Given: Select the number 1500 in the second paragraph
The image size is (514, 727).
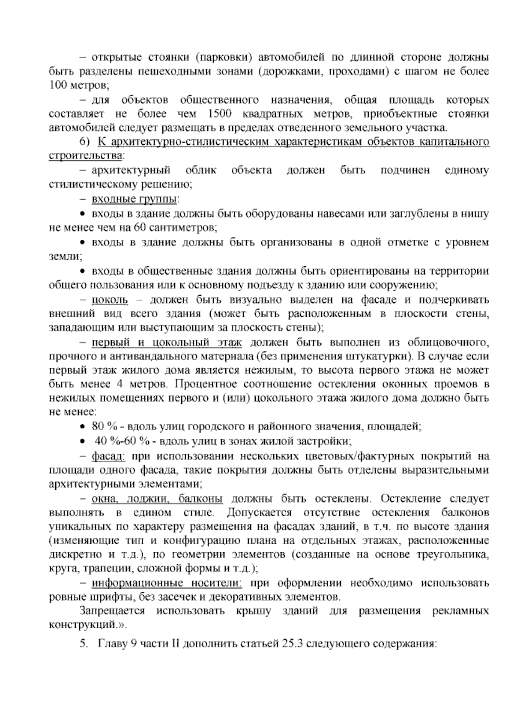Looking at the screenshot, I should [219, 114].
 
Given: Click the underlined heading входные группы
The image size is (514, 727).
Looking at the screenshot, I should [134, 199].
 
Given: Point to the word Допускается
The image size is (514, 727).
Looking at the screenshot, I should [259, 513].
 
